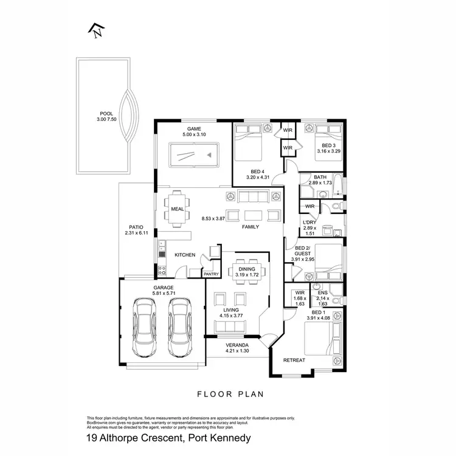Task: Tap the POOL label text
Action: [x=107, y=113]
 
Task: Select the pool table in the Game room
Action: [x=192, y=154]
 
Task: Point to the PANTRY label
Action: [x=211, y=274]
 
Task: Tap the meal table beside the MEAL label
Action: [x=177, y=209]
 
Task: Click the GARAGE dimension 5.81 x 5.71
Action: [x=163, y=293]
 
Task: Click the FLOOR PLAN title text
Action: [x=230, y=394]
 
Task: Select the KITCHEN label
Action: [x=184, y=255]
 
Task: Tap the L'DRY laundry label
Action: [x=309, y=222]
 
